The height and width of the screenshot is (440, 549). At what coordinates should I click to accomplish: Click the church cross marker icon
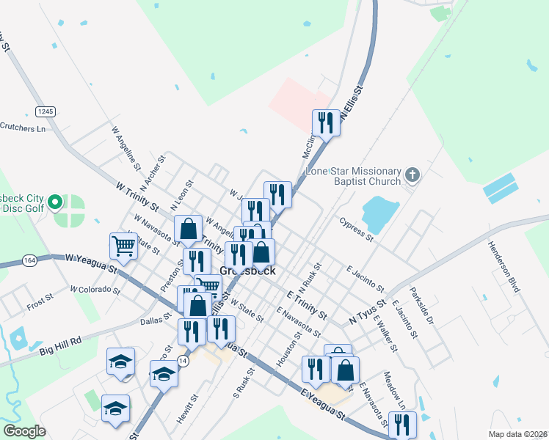click(x=412, y=175)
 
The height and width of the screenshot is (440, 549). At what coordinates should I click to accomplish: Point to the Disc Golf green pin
click(x=54, y=201)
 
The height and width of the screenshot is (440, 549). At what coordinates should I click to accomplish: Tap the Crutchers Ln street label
click(x=23, y=128)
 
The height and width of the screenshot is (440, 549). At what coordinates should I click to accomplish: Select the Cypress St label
click(x=357, y=228)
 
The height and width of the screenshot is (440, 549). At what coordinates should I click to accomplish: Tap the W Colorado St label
click(x=95, y=290)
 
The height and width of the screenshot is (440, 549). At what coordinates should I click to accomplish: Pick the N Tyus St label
click(x=367, y=312)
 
